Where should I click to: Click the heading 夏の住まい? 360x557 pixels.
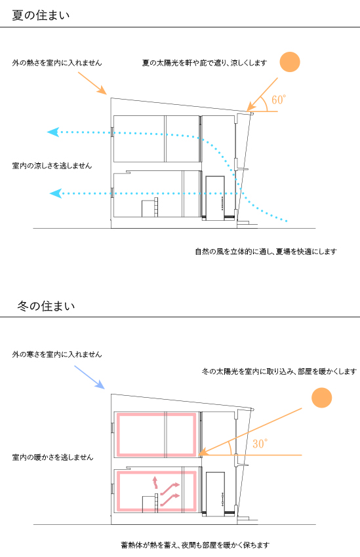[41, 15]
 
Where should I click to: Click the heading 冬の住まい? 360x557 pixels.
[46, 306]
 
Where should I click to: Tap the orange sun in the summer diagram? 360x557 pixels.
[290, 62]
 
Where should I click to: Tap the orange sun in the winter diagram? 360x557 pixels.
[321, 398]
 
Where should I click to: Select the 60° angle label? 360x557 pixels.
[279, 100]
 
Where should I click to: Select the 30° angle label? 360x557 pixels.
[260, 444]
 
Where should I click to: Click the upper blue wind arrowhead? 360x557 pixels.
[53, 132]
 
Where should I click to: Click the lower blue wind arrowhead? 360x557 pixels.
[56, 193]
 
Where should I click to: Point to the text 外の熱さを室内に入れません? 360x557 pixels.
[57, 63]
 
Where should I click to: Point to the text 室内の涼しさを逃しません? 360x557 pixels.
[52, 166]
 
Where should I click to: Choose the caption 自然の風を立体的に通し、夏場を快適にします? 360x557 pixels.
[266, 252]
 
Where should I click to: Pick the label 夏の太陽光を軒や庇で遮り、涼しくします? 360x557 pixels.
[205, 63]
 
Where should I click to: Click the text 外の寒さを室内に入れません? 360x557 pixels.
[57, 354]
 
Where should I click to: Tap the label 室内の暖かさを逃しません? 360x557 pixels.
[52, 457]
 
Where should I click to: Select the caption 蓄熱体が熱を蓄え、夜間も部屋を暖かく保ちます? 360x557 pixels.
[195, 545]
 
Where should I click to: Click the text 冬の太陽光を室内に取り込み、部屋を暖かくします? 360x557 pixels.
[279, 372]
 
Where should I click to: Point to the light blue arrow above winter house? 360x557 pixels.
[89, 377]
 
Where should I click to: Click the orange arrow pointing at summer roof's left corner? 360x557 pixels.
[92, 83]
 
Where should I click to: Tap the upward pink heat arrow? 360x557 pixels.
[155, 482]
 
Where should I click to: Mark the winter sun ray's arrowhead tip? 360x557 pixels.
[198, 454]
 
